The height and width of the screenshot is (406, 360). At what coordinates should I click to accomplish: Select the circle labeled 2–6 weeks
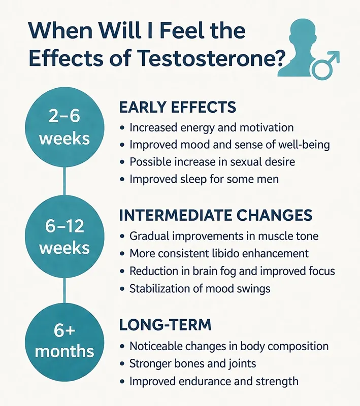tap(64, 127)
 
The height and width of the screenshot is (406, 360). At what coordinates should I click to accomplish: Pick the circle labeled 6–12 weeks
tap(64, 236)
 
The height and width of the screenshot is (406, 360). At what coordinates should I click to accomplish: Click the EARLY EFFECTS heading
tap(178, 107)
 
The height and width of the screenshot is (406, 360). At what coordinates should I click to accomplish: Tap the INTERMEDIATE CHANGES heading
tap(216, 215)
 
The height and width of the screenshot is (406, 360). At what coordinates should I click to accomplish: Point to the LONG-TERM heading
tap(166, 325)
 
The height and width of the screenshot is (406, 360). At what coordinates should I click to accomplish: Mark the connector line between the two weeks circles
tap(64, 182)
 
